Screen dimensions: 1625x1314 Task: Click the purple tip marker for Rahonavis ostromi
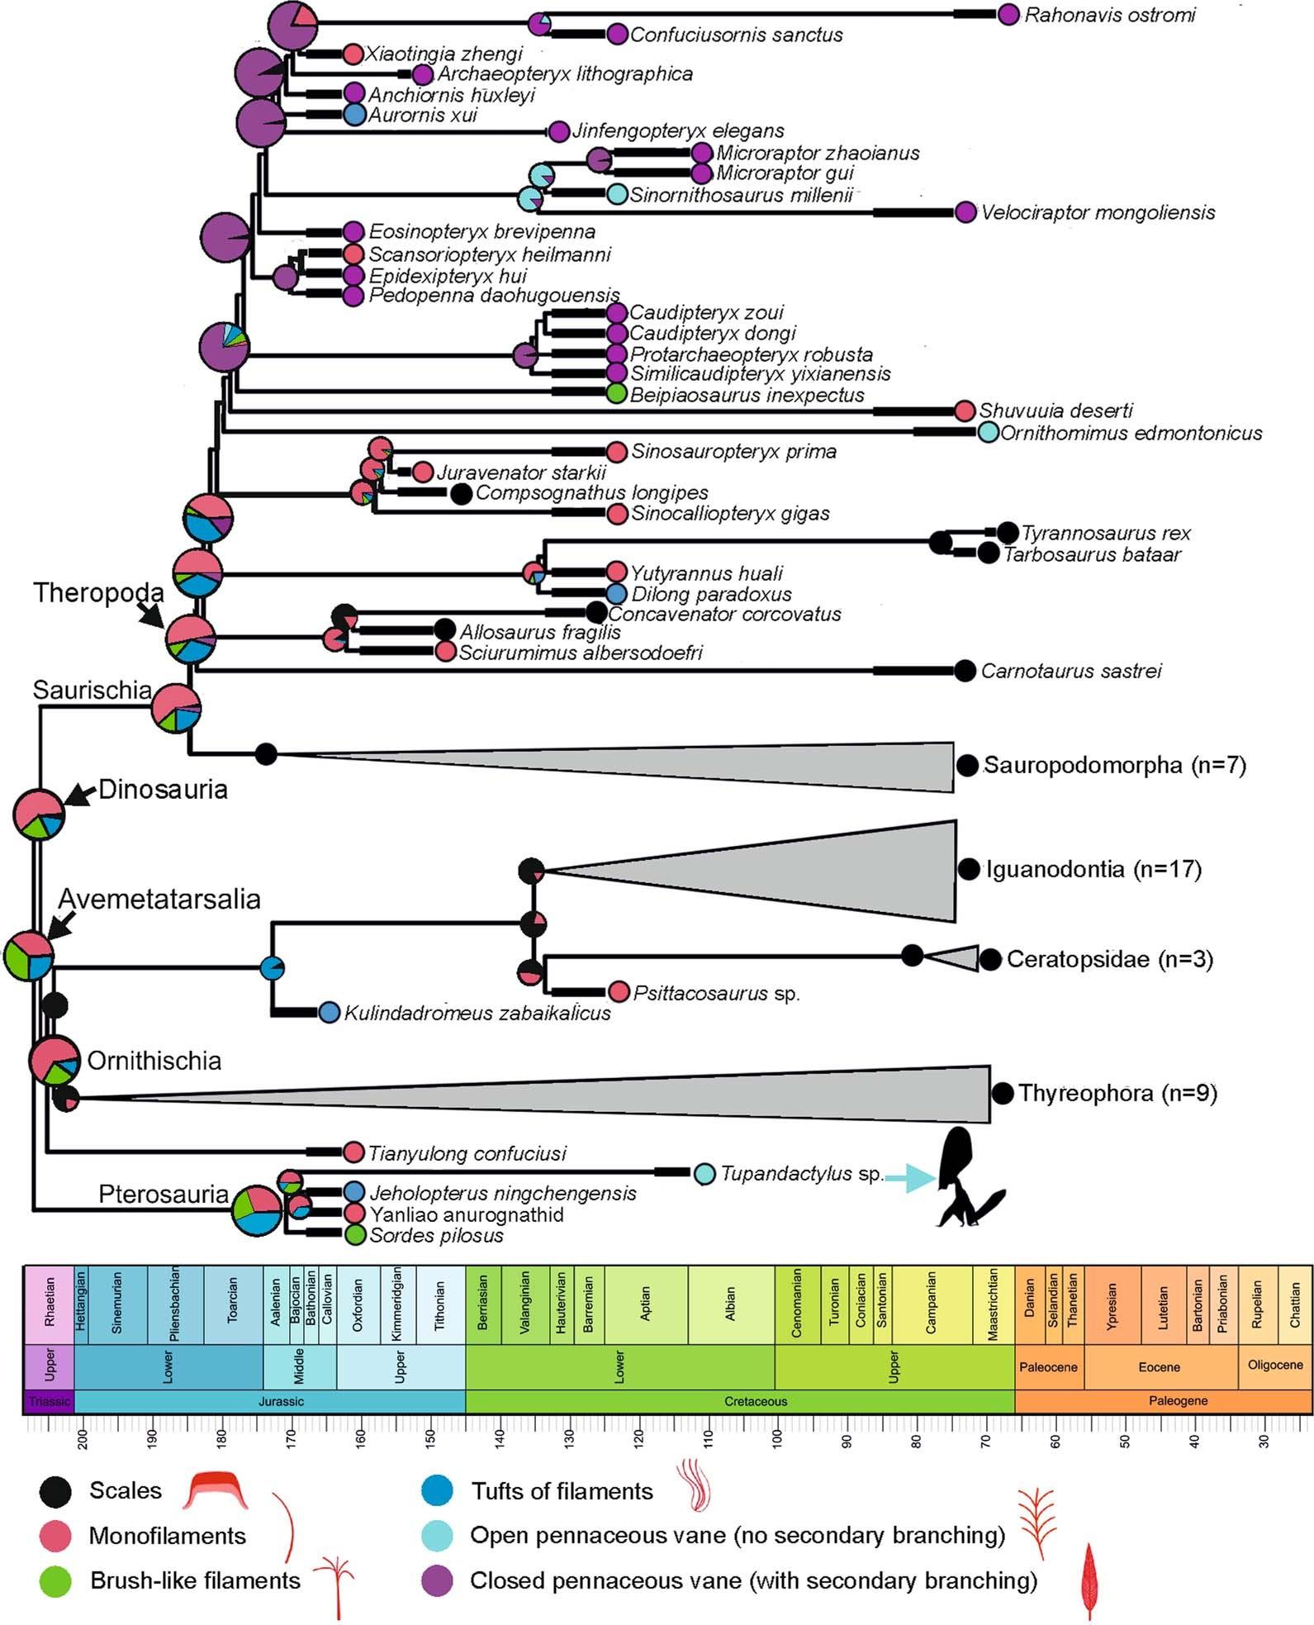click(x=1008, y=15)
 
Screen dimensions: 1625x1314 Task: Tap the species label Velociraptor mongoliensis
click(x=1098, y=212)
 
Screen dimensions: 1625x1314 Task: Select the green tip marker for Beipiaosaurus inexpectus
click(x=616, y=394)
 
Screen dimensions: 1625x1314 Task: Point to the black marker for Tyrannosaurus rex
click(x=1007, y=533)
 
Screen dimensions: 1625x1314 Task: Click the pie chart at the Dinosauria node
click(x=38, y=814)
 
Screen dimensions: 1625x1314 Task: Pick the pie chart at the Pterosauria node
click(x=257, y=1210)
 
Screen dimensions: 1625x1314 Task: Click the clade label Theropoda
click(x=98, y=592)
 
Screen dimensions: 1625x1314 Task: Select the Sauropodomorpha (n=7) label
click(x=1114, y=765)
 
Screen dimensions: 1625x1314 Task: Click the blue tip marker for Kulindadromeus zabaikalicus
click(x=329, y=1012)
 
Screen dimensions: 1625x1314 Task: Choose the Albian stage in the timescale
click(x=731, y=1304)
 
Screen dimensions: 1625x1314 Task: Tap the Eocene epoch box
click(x=1159, y=1367)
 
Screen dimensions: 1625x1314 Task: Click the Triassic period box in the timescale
click(x=49, y=1401)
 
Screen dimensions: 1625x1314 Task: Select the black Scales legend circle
click(x=55, y=1491)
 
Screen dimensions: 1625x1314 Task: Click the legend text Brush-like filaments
click(x=196, y=1580)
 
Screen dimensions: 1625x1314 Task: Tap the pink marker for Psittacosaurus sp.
click(x=619, y=991)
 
